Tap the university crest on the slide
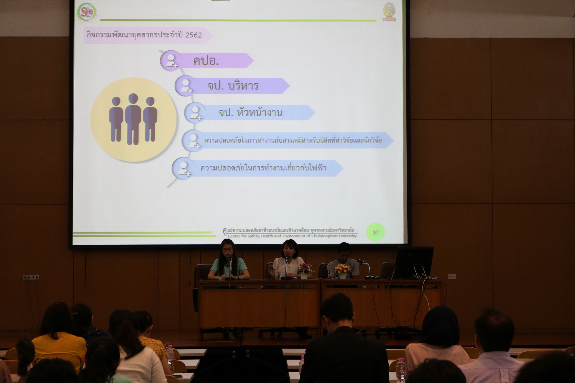coord(389,12)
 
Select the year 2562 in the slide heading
coord(193,35)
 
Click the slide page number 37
coord(375,232)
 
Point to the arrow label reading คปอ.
coord(206,61)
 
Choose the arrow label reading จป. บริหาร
coord(233,86)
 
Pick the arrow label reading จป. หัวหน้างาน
coord(250,113)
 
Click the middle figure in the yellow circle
coord(133,119)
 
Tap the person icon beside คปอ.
coord(171,60)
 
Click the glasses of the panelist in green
coord(227,249)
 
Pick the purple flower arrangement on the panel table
coord(304,268)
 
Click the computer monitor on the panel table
coord(414,262)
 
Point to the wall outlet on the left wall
coord(31,277)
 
